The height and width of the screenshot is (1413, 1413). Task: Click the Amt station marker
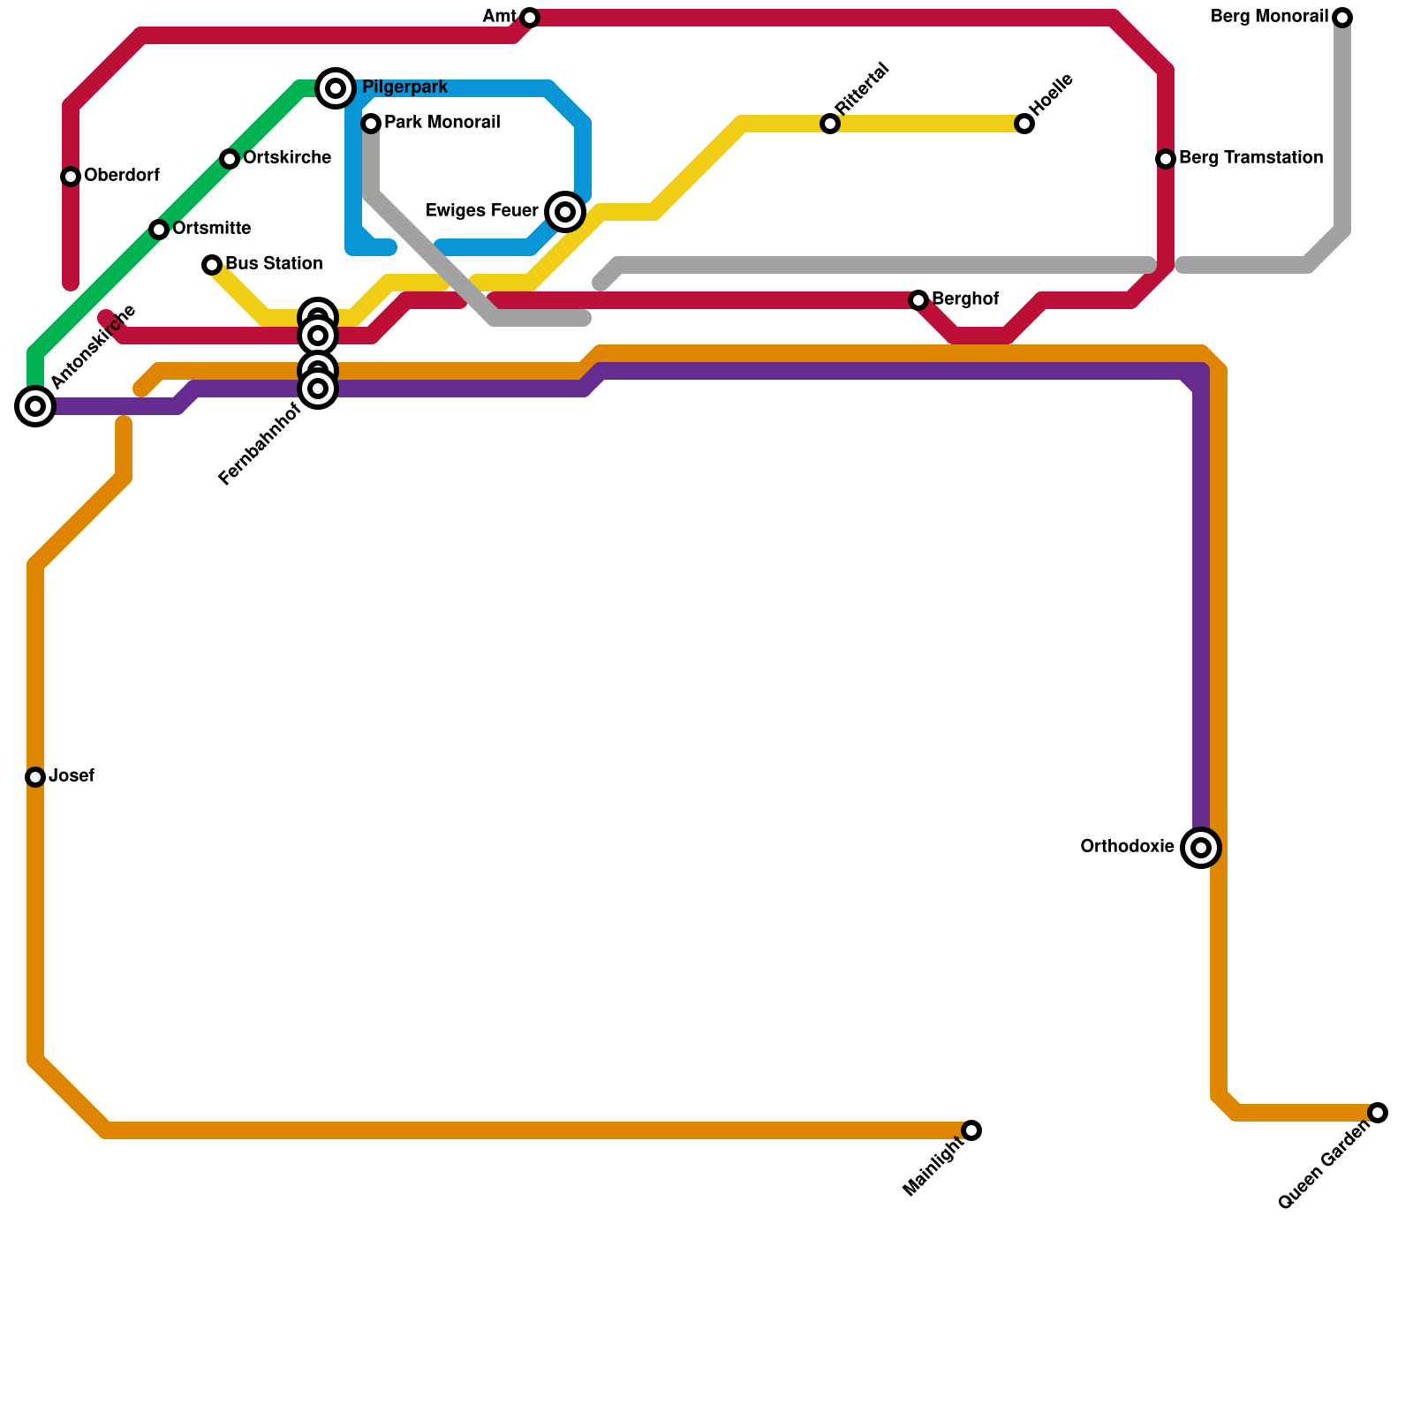530,18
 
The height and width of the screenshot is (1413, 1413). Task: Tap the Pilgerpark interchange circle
336,88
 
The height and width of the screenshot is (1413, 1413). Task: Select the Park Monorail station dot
371,124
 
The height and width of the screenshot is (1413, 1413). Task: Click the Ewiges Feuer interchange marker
565,212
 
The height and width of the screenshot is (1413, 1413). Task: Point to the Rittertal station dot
830,124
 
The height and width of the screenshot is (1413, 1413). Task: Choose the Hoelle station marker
1024,124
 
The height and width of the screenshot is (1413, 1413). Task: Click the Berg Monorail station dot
1342,18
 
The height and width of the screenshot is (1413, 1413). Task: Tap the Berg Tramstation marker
1166,159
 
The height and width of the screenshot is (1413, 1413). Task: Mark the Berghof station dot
918,300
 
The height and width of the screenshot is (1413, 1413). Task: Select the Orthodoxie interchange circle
1201,848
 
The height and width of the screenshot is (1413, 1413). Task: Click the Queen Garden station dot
1378,1113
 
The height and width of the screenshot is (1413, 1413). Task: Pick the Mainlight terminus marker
971,1130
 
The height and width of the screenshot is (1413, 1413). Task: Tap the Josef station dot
35,777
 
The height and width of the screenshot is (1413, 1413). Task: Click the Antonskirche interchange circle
35,406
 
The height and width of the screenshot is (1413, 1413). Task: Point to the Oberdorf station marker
71,177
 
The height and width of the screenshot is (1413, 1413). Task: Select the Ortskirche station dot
230,159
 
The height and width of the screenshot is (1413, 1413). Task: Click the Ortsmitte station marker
159,230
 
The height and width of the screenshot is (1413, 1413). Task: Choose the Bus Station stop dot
212,265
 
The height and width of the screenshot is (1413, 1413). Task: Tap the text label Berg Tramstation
1251,159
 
